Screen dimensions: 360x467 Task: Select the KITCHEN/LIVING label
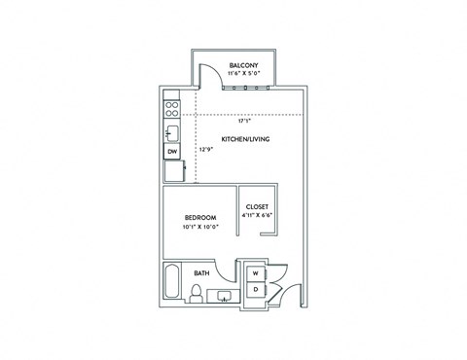click(245, 139)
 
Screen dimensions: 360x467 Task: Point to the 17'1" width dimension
click(243, 122)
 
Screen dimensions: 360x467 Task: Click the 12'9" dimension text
click(205, 151)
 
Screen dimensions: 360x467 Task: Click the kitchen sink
click(171, 132)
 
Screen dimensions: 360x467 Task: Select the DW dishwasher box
click(171, 152)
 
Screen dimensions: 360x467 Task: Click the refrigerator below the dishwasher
click(171, 170)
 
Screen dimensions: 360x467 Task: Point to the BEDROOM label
click(199, 217)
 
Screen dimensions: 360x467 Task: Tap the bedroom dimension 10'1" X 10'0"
click(199, 227)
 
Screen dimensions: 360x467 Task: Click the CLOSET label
click(257, 206)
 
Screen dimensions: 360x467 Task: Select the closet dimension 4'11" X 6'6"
click(257, 215)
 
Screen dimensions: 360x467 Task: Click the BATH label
click(202, 273)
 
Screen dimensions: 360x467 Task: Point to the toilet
click(197, 294)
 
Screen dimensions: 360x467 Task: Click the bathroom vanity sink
click(224, 296)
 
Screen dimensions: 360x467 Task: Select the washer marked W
click(256, 273)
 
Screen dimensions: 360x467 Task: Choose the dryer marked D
click(256, 290)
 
